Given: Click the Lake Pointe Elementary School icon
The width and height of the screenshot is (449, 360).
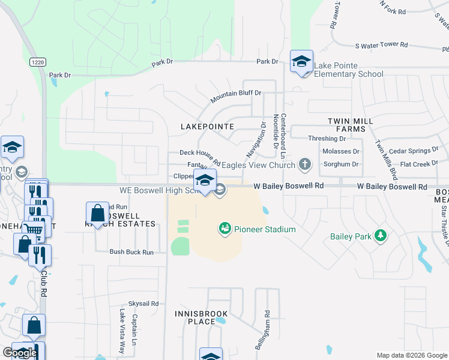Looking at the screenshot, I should pyautogui.click(x=301, y=62).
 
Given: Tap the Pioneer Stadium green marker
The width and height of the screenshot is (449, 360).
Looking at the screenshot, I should pyautogui.click(x=224, y=229).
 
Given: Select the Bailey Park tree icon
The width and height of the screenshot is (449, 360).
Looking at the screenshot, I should pyautogui.click(x=379, y=236).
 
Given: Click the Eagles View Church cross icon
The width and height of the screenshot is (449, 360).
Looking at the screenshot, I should pyautogui.click(x=305, y=164).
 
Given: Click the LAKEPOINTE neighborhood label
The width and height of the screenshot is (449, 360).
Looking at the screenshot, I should pyautogui.click(x=207, y=127).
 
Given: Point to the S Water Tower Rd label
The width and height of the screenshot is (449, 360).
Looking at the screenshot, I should pyautogui.click(x=381, y=45).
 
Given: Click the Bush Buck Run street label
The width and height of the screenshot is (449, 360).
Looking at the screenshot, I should pyautogui.click(x=131, y=252).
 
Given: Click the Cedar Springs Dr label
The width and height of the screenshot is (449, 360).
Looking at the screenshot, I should pyautogui.click(x=413, y=150).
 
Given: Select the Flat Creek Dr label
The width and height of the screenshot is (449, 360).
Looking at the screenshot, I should pyautogui.click(x=419, y=163).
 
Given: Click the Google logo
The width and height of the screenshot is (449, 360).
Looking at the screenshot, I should pyautogui.click(x=20, y=352).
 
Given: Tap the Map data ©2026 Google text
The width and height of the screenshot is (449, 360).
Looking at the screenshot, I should pyautogui.click(x=412, y=355).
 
